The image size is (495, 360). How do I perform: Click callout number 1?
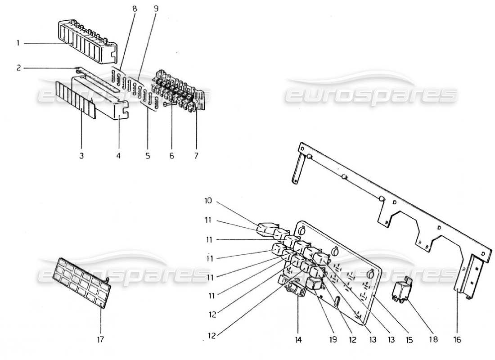[18, 44]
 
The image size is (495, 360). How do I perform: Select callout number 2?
[18, 68]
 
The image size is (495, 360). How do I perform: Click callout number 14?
[298, 340]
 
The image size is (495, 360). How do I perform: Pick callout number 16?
[458, 340]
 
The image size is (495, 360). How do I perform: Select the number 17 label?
[101, 340]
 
